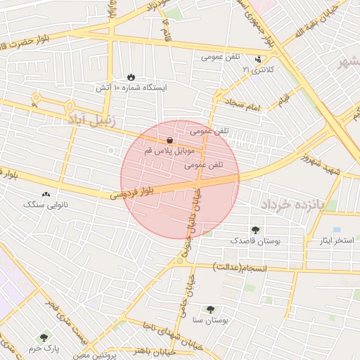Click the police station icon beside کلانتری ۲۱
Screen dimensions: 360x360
pos(259,59)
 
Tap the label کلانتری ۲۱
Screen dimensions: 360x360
pos(256,70)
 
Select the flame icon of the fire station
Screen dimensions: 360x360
pos(131,77)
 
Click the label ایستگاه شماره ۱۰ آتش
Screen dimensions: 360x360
pos(130,88)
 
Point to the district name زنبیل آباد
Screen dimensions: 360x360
pos(91,120)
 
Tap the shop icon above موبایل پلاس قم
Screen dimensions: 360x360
pos(171,141)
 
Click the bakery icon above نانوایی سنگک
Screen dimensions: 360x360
pos(46,193)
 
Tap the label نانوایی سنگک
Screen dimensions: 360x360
pos(46,205)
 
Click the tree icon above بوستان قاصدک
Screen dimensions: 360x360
pos(255,229)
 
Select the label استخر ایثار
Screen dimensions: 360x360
pos(334,240)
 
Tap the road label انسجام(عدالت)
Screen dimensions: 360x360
pos(241,267)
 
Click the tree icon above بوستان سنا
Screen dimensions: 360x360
pos(210,309)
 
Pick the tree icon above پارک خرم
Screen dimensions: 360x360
pos(45,337)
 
